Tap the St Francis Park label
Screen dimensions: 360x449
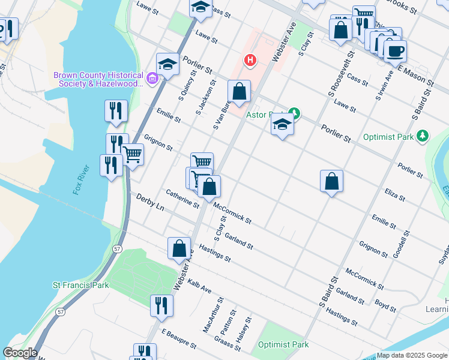[x=81, y=285]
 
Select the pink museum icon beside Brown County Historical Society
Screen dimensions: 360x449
[x=152, y=77]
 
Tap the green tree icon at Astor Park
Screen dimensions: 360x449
[x=294, y=113]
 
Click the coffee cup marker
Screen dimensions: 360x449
[x=395, y=51]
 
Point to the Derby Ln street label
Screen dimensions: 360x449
[x=150, y=202]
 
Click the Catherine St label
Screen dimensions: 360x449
[x=182, y=199]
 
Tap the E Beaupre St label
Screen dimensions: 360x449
[x=179, y=339]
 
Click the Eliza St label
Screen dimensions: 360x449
[x=394, y=195]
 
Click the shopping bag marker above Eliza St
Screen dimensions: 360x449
[x=331, y=181]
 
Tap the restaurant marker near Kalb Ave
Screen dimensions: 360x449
[x=161, y=304]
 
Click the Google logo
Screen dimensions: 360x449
[x=20, y=353]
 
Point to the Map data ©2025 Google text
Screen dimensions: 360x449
[x=412, y=355]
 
